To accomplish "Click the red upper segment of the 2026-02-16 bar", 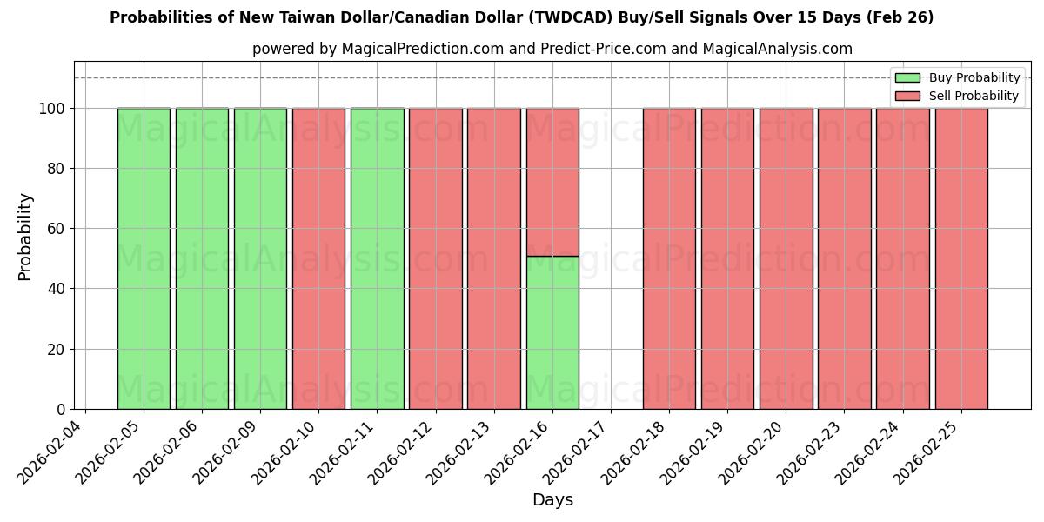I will (552, 182).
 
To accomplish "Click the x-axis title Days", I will (552, 500).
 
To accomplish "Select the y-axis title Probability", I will (25, 236).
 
